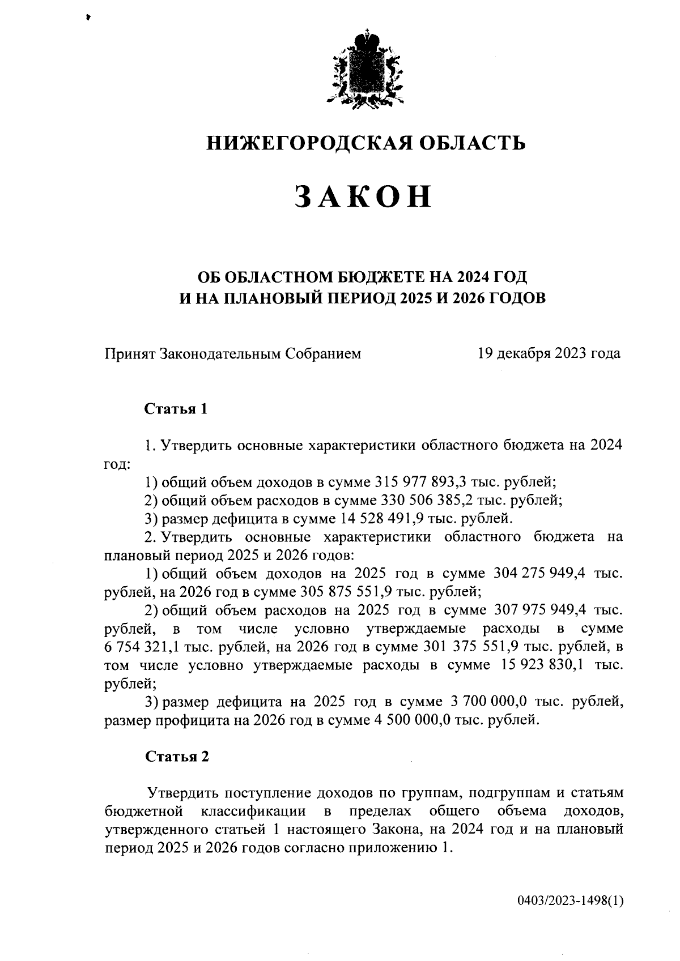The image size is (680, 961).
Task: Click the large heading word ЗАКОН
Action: coord(364,198)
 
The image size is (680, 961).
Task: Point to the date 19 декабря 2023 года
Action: coord(549,354)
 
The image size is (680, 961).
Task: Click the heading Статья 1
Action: coord(176,409)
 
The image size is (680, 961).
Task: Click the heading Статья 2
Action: coord(177,757)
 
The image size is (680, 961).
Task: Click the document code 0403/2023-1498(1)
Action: coord(570,901)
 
